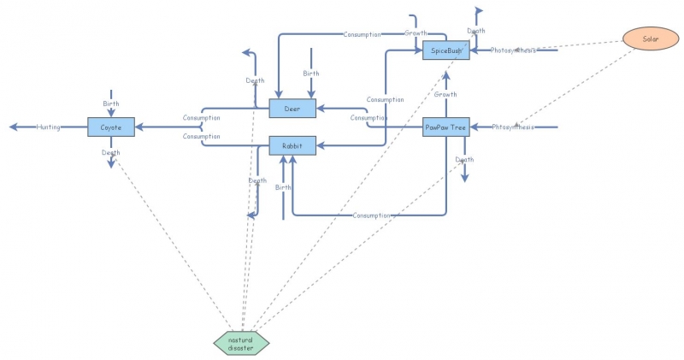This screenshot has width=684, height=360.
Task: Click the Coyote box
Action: pyautogui.click(x=111, y=127)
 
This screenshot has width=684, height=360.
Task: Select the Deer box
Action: pyautogui.click(x=292, y=108)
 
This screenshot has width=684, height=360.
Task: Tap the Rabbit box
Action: pyautogui.click(x=292, y=146)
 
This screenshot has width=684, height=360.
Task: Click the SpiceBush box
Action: pyautogui.click(x=446, y=51)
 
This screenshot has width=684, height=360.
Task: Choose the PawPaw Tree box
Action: pyautogui.click(x=446, y=127)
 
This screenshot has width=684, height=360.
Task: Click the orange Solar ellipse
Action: pyautogui.click(x=646, y=39)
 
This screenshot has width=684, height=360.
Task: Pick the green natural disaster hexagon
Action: pyautogui.click(x=241, y=343)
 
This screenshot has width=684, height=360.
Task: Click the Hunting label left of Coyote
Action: pyautogui.click(x=48, y=127)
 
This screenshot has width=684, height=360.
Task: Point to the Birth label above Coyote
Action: pyautogui.click(x=111, y=103)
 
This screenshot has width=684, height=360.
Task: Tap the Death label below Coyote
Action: pyautogui.click(x=111, y=152)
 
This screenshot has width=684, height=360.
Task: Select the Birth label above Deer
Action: pyautogui.click(x=310, y=74)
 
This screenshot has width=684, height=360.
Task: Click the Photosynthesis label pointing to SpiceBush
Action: pyautogui.click(x=513, y=50)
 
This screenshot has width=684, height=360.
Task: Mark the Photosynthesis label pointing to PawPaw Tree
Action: pyautogui.click(x=513, y=127)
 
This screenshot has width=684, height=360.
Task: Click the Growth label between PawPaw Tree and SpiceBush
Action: pyautogui.click(x=445, y=94)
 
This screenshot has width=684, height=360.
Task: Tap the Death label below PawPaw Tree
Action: pyautogui.click(x=464, y=160)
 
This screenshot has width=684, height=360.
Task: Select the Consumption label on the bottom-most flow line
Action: pyautogui.click(x=372, y=215)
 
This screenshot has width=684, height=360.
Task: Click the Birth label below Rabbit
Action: pyautogui.click(x=283, y=187)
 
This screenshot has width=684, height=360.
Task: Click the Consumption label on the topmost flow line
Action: pyautogui.click(x=363, y=34)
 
